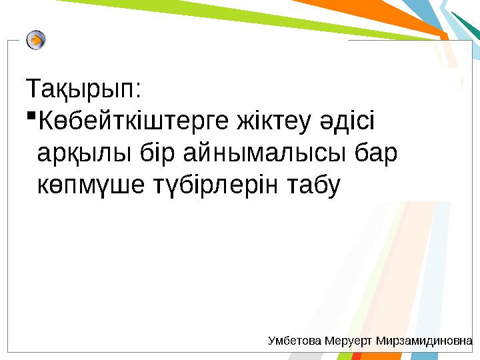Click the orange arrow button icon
(x=37, y=40)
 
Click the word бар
(x=375, y=155)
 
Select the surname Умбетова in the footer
(x=295, y=341)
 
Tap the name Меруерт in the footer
(x=349, y=341)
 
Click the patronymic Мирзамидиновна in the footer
(x=424, y=341)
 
